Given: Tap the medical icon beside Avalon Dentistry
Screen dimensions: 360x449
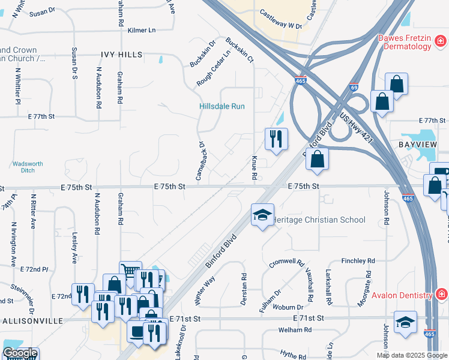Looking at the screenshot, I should [x=441, y=295].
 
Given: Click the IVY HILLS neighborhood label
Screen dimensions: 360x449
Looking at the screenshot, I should [x=121, y=55].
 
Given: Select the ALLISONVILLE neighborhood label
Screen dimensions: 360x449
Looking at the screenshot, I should [x=32, y=321].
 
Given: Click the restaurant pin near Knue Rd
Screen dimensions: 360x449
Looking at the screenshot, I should [x=276, y=139].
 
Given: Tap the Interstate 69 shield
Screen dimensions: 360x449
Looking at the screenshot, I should [x=354, y=87].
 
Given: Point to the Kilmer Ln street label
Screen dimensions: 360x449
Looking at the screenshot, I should [x=142, y=29].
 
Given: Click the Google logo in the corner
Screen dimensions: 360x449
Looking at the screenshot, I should [x=20, y=353].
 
